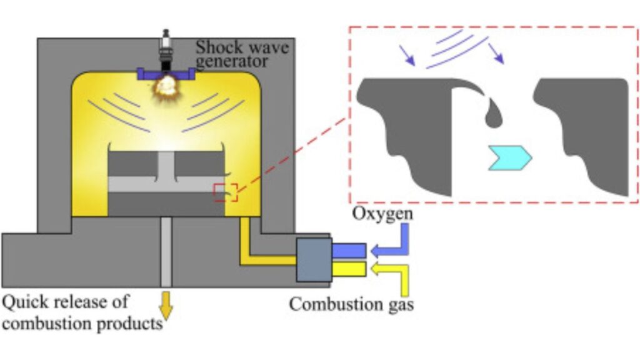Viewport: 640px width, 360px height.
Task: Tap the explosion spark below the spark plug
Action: (x=166, y=84)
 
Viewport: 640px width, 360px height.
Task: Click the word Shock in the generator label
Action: (x=215, y=47)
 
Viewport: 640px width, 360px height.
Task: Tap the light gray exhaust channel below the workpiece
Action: (x=166, y=250)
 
